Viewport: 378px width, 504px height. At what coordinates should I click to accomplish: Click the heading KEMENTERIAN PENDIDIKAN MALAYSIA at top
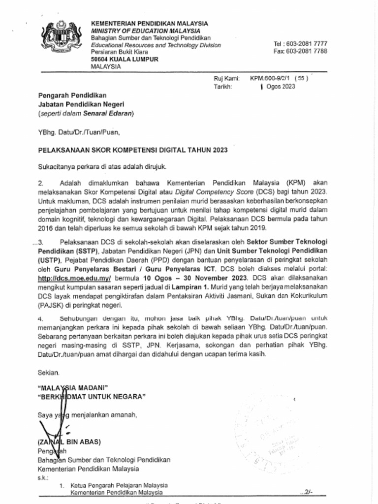[x=149, y=23]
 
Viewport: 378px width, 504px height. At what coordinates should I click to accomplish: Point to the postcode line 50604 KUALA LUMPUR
[x=125, y=60]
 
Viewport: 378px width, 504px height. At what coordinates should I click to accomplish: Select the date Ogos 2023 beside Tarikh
[x=280, y=87]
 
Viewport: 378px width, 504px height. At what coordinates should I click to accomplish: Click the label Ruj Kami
[x=226, y=78]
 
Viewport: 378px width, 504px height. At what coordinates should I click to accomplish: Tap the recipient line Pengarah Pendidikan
[x=72, y=95]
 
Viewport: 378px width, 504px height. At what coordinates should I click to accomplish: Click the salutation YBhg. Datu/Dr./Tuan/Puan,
[x=79, y=132]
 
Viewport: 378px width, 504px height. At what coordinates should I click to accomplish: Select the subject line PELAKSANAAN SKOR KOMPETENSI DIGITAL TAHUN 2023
[x=133, y=150]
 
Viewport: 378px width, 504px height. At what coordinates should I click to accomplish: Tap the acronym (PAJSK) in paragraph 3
[x=52, y=305]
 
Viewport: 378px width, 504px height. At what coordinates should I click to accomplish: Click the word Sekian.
[x=49, y=373]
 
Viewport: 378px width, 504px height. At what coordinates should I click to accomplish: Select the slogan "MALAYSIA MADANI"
[x=73, y=387]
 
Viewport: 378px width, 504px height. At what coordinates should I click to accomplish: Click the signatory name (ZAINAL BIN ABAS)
[x=70, y=441]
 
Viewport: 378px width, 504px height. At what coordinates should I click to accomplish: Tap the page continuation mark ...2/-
[x=305, y=492]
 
